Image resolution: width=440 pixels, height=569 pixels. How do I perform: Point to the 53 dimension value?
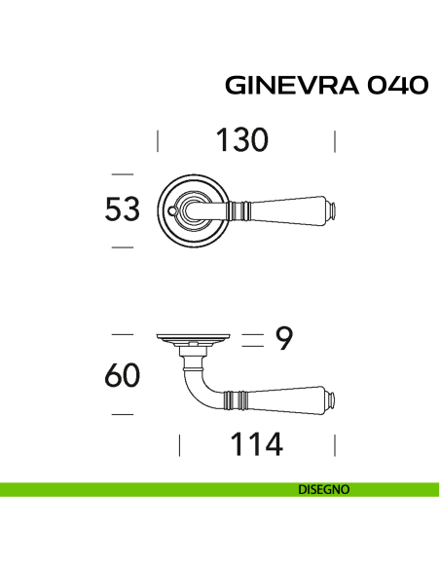click(x=122, y=209)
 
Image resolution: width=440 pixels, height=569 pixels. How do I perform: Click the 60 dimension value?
click(x=122, y=375)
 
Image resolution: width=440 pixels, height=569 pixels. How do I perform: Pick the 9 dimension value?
click(x=284, y=338)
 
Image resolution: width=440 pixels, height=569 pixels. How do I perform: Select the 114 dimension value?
click(x=256, y=444)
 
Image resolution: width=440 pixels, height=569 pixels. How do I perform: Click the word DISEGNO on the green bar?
click(x=324, y=490)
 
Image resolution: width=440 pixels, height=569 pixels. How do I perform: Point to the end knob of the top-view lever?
click(x=331, y=209)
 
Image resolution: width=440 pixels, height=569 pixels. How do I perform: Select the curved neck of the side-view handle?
click(x=195, y=380)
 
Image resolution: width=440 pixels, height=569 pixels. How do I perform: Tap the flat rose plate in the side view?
click(x=194, y=339)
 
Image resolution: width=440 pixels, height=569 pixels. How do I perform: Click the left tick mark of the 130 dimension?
click(x=158, y=141)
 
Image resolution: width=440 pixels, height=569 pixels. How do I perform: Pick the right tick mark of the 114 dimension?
click(x=335, y=446)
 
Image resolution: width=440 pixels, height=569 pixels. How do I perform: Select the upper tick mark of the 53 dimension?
click(x=122, y=173)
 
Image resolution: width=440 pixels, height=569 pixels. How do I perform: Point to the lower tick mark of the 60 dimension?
click(x=122, y=416)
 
